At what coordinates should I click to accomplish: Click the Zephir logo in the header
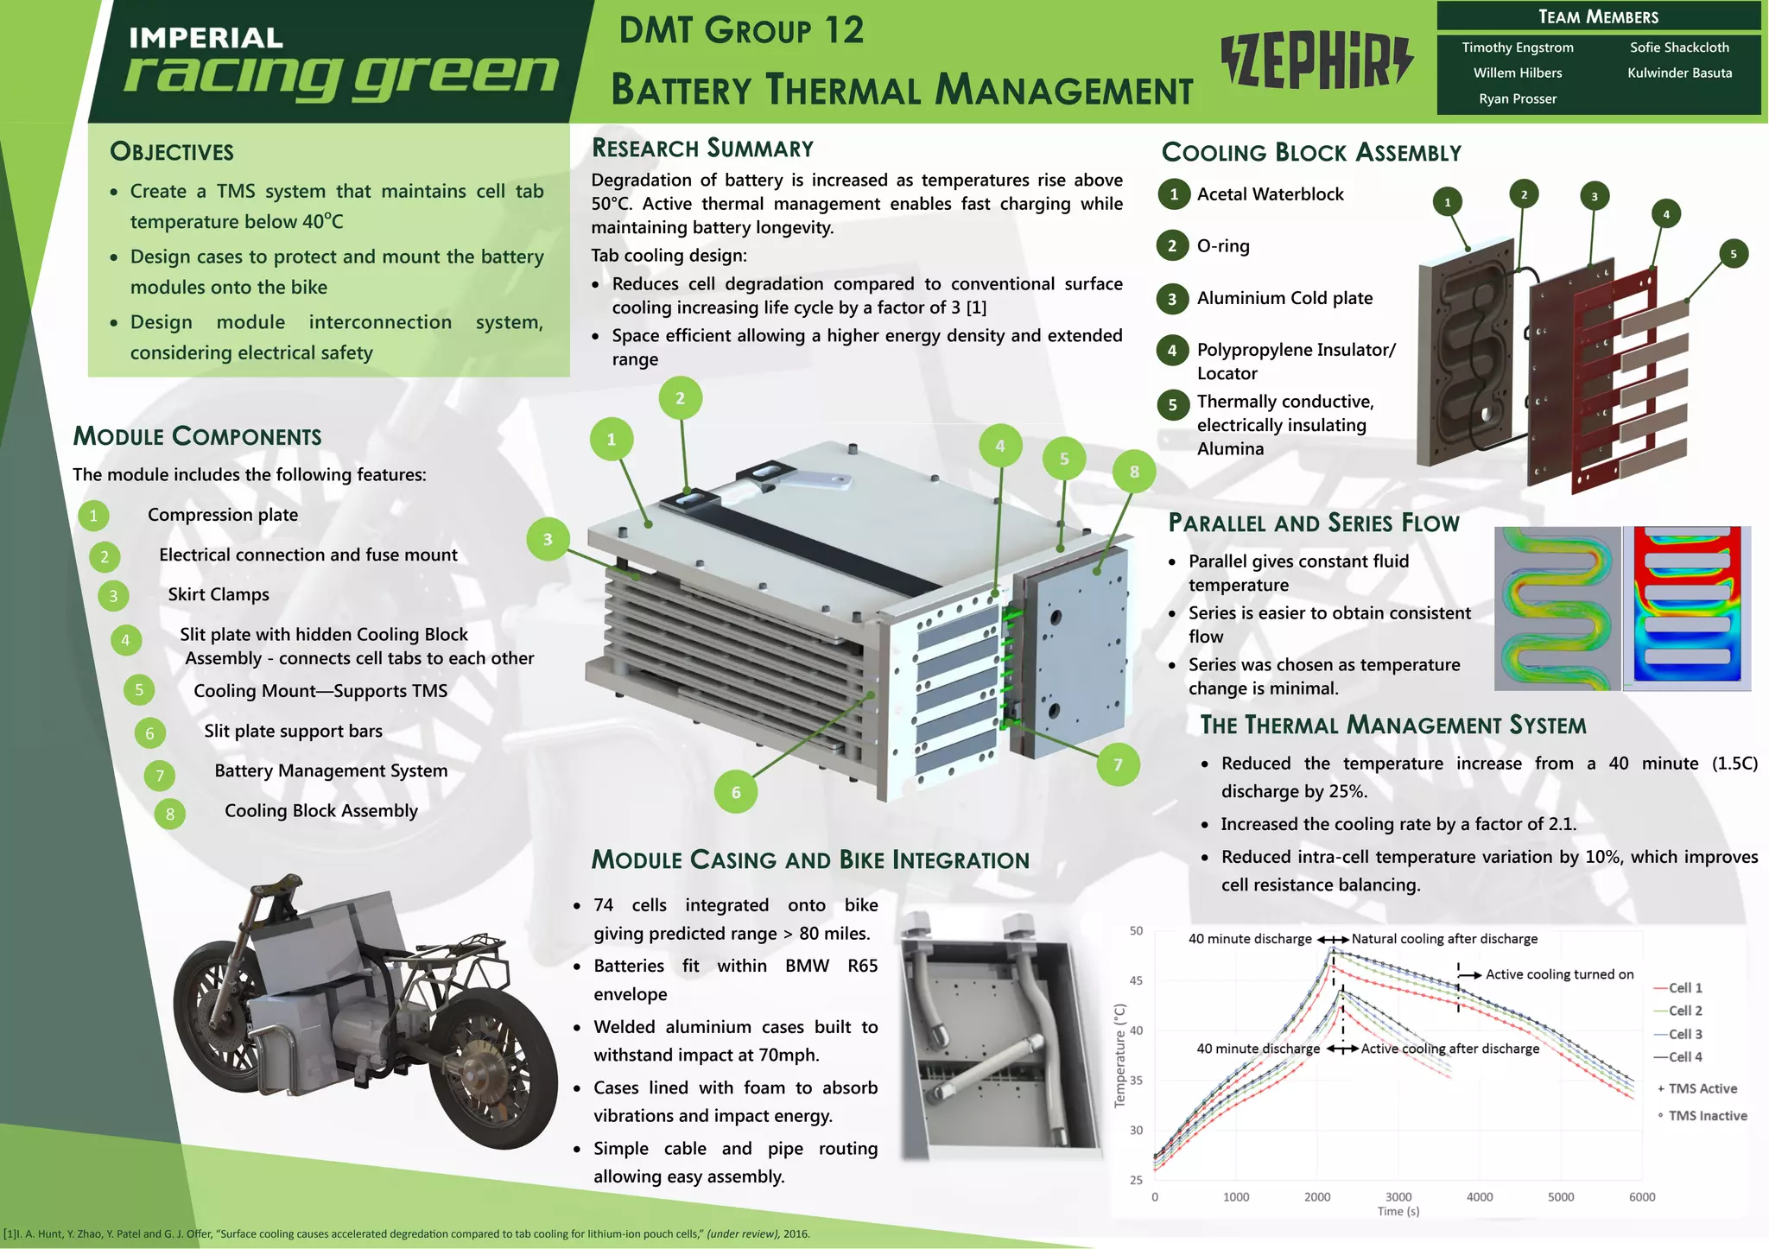[x=1317, y=61]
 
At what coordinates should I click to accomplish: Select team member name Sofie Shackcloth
[x=1679, y=48]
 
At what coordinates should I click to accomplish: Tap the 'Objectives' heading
[x=172, y=152]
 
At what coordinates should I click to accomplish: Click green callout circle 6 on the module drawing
[x=736, y=792]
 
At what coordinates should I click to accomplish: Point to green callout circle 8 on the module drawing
[x=1134, y=472]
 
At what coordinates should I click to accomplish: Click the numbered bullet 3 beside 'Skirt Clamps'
[x=113, y=596]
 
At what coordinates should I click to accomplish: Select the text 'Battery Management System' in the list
[x=331, y=770]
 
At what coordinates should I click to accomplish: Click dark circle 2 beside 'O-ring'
[x=1172, y=246]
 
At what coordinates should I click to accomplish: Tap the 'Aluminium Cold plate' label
[x=1284, y=298]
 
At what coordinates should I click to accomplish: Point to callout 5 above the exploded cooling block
[x=1733, y=254]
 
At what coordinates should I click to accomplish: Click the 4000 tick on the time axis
[x=1480, y=1197]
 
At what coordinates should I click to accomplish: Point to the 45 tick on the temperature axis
[x=1136, y=980]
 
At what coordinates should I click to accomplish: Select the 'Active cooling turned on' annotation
[x=1559, y=974]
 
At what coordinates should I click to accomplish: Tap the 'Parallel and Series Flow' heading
[x=1313, y=523]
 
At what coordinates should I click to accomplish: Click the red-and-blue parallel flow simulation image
[x=1687, y=607]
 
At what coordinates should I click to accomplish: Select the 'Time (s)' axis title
[x=1398, y=1211]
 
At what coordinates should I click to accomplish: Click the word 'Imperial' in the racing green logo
[x=206, y=38]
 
